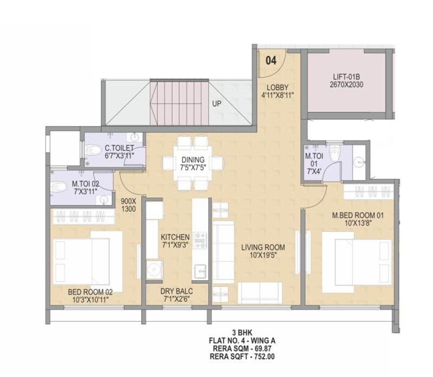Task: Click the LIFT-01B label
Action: [x=346, y=76]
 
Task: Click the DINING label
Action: [x=193, y=160]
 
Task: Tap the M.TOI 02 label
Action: [x=86, y=183]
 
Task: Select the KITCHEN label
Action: [x=175, y=237]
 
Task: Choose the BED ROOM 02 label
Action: [x=91, y=291]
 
